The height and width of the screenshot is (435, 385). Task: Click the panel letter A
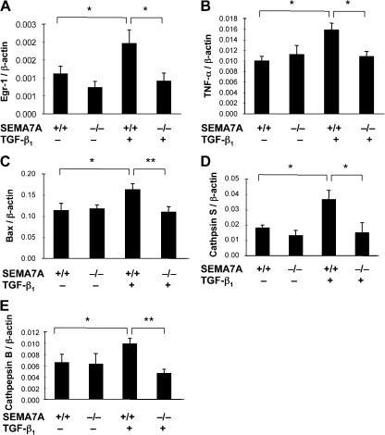(6, 7)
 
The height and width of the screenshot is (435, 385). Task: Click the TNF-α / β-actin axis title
(206, 65)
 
